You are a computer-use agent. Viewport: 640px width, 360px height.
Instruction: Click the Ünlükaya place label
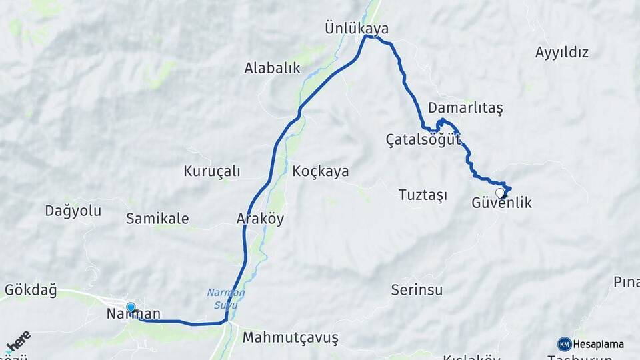click(x=356, y=29)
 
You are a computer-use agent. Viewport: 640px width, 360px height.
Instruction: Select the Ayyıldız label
click(x=562, y=52)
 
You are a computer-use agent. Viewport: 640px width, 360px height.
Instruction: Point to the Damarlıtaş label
click(x=465, y=107)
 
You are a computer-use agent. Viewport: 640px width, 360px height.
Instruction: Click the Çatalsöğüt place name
click(x=423, y=139)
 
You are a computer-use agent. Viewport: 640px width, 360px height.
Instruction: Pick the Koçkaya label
click(x=320, y=171)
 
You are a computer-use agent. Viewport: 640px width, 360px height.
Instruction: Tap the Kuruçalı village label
click(x=212, y=171)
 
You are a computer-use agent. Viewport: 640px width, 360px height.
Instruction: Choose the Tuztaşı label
click(x=422, y=195)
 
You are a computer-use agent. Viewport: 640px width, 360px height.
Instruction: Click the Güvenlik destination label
click(x=501, y=203)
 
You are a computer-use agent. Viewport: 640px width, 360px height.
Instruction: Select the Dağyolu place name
click(x=73, y=211)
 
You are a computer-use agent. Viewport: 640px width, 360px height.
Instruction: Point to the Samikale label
click(x=157, y=219)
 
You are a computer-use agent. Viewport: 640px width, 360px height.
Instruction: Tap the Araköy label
click(x=260, y=219)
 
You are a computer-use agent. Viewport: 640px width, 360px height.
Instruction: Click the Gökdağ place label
click(x=31, y=290)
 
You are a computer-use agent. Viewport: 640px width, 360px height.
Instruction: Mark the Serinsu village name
click(x=417, y=290)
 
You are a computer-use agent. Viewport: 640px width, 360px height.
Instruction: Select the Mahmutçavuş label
click(x=290, y=338)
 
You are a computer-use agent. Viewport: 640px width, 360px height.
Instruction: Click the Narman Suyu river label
click(x=226, y=298)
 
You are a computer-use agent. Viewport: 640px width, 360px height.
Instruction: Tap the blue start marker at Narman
click(x=131, y=308)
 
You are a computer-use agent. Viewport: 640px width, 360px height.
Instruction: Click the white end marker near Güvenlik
click(x=500, y=193)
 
